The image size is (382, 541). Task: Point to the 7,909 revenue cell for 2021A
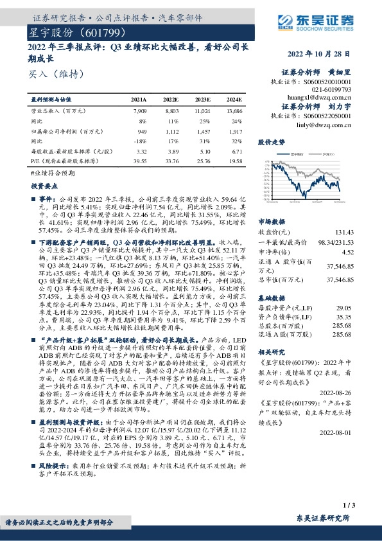coord(138,112)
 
